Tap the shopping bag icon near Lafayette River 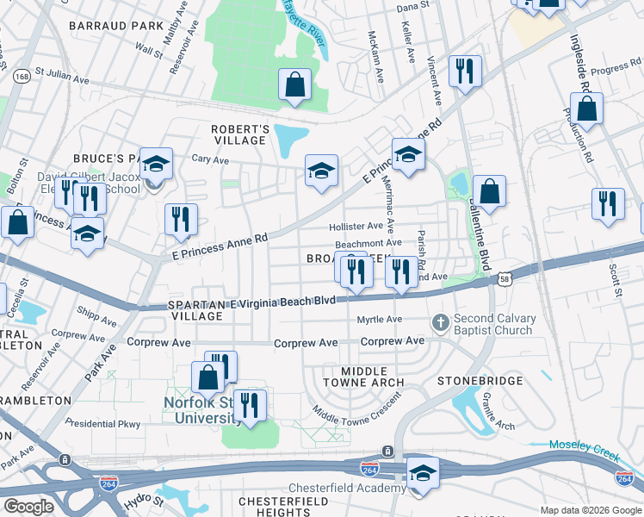point(294,85)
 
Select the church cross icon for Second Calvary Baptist point(440,323)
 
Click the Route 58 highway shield point(504,278)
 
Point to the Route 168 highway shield point(23,78)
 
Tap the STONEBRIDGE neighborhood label point(480,380)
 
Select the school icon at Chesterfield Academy point(423,474)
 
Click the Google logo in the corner point(28,507)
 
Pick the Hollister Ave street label point(356,226)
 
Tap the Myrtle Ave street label point(380,320)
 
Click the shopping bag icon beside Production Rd point(586,109)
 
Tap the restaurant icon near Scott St point(608,204)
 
